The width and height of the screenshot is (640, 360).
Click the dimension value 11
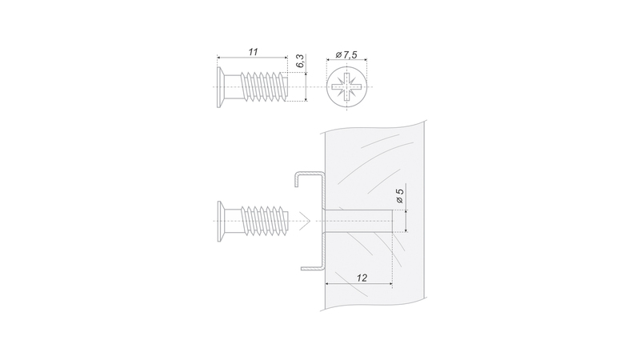(x=253, y=52)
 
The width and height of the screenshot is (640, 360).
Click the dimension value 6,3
(x=300, y=61)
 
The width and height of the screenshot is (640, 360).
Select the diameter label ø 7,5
(x=346, y=54)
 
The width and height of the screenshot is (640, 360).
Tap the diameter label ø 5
(x=399, y=195)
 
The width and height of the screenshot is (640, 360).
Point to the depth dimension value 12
(x=362, y=278)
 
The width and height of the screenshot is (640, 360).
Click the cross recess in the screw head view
(x=347, y=87)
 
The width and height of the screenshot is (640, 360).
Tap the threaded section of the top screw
(x=264, y=87)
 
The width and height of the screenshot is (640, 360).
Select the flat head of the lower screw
(x=221, y=222)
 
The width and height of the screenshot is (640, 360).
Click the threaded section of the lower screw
(x=265, y=221)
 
